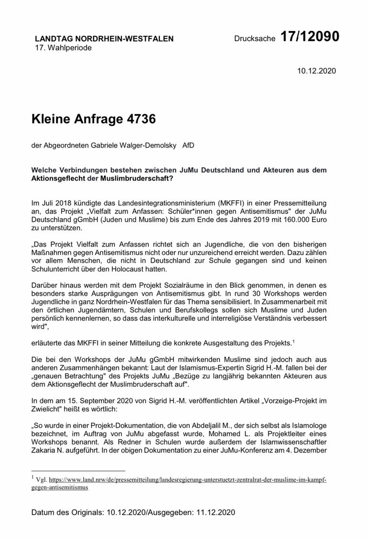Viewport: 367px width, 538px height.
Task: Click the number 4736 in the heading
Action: point(139,118)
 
